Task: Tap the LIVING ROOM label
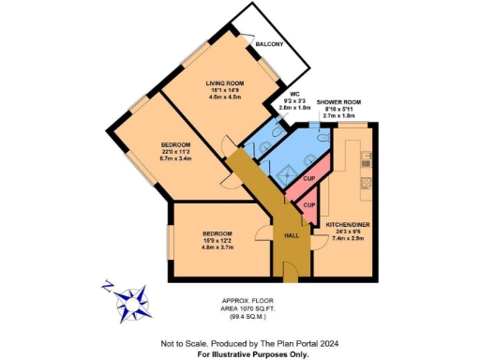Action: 225,82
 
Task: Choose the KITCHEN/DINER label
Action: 344,226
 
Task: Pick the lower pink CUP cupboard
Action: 307,205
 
